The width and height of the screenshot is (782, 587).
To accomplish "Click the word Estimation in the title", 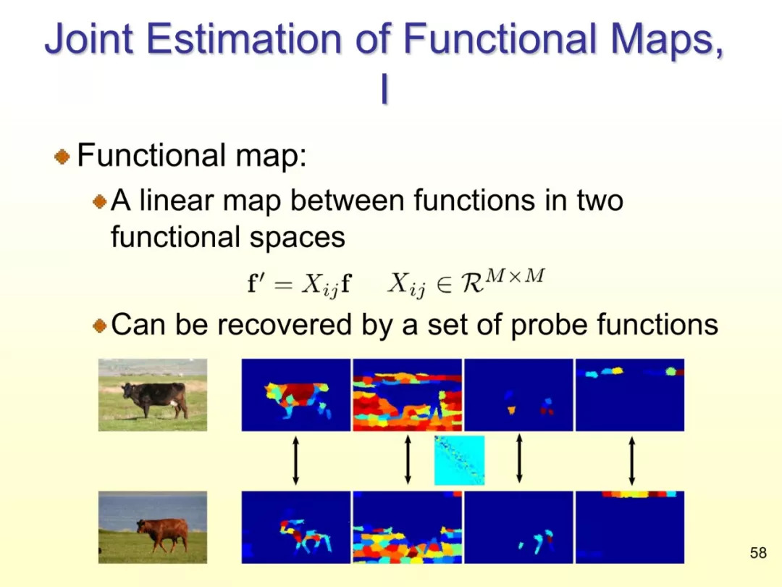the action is pyautogui.click(x=243, y=38).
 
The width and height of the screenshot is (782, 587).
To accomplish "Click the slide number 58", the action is pyautogui.click(x=758, y=552).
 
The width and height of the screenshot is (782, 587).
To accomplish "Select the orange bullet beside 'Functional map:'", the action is pyautogui.click(x=62, y=157).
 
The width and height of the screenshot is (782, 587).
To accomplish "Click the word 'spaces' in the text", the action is pyautogui.click(x=298, y=238).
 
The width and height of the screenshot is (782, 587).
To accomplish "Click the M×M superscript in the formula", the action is pyautogui.click(x=516, y=275).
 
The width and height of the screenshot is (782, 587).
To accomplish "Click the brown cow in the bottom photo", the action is pyautogui.click(x=163, y=534).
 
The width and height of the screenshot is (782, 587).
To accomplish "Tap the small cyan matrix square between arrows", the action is pyautogui.click(x=459, y=460).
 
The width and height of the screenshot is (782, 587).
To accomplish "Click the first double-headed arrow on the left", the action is pyautogui.click(x=295, y=461).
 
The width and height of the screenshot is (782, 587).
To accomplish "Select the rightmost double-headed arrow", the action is pyautogui.click(x=632, y=461).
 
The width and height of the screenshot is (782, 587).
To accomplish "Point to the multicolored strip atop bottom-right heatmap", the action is pyautogui.click(x=639, y=494).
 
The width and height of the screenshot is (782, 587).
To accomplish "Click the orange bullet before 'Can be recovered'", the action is pyautogui.click(x=100, y=326).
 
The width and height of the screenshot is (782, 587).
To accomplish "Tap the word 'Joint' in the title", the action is pyautogui.click(x=89, y=38).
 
